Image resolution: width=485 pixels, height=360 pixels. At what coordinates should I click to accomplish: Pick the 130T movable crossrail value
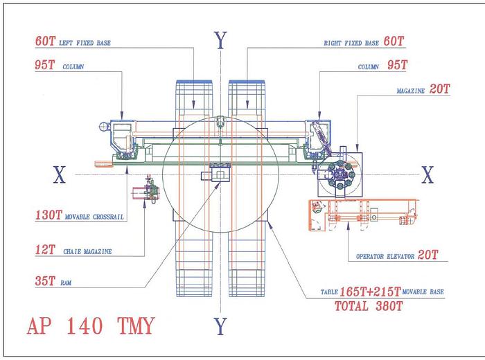48,215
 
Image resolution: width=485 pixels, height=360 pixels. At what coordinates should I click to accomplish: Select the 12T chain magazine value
46,251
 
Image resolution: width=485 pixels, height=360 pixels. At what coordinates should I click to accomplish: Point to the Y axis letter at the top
220,42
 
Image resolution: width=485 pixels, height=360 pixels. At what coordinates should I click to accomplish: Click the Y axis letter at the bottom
220,325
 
